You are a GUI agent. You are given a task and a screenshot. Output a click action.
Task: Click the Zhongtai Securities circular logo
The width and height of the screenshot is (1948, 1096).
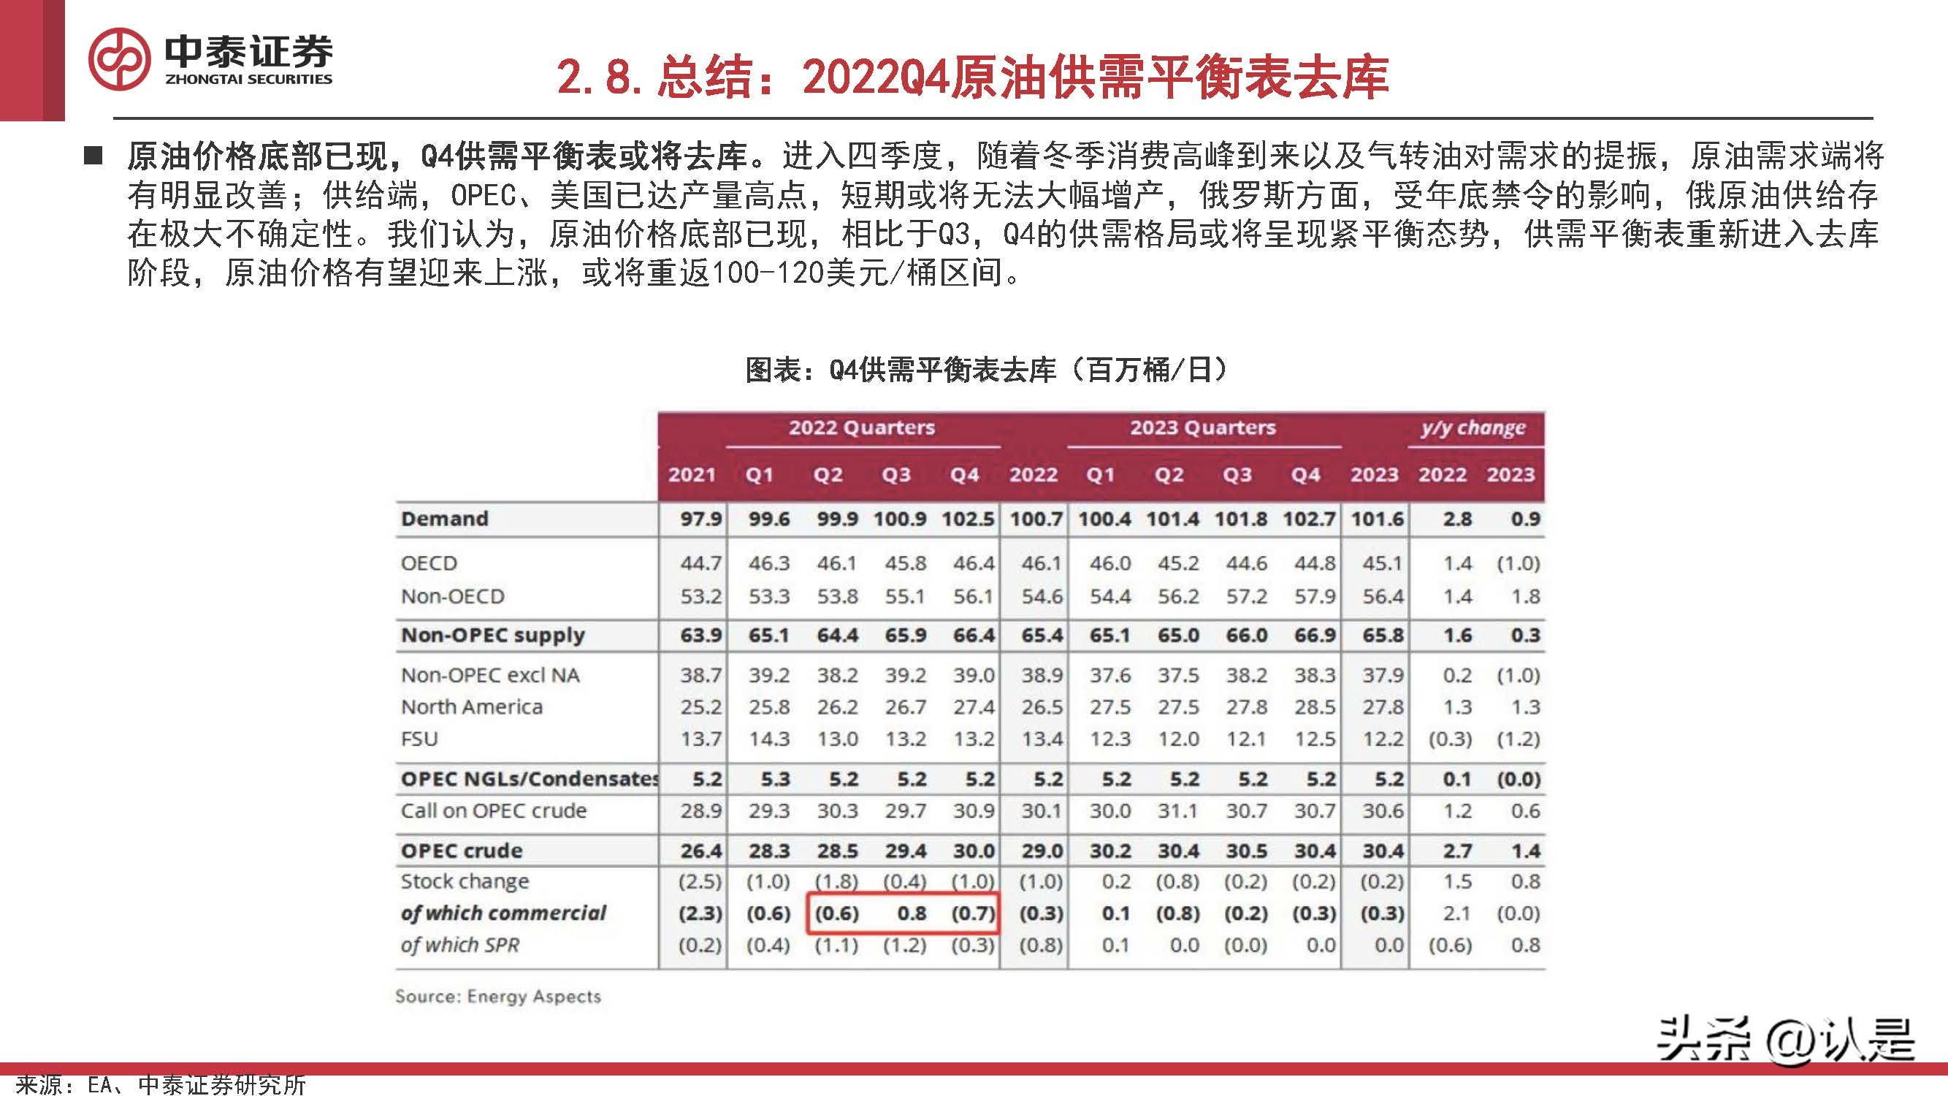tap(119, 59)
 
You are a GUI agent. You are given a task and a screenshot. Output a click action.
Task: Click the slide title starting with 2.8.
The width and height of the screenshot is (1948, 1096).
tap(972, 77)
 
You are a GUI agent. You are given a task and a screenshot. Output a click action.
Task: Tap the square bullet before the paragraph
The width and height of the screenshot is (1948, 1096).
tap(93, 156)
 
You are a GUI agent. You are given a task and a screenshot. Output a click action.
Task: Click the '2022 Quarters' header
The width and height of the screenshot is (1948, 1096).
tap(862, 428)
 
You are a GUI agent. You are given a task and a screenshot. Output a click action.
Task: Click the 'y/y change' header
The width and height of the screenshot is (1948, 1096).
tap(1473, 428)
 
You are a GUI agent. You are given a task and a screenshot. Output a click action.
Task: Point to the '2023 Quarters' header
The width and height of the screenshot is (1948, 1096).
tap(1202, 428)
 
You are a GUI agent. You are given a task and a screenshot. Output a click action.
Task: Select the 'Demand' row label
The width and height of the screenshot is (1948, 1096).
tap(445, 519)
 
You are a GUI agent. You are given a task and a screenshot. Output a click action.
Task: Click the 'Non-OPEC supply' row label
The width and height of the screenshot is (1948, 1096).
tap(492, 636)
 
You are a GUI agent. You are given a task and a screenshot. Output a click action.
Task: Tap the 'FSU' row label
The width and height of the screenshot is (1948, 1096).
tap(419, 739)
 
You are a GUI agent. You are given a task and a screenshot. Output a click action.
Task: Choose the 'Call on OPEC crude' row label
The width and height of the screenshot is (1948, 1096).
tap(493, 811)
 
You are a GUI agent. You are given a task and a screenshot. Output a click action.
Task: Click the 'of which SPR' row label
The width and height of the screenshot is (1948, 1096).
tap(459, 945)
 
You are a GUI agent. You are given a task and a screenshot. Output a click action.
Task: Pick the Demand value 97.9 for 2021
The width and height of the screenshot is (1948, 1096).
tap(700, 520)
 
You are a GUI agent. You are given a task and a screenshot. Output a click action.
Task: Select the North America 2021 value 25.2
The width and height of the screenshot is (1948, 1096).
tap(700, 707)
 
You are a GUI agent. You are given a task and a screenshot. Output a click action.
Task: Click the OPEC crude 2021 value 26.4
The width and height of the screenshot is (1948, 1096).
tap(700, 851)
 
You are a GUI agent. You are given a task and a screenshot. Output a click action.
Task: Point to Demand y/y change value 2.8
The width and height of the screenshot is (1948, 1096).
tap(1456, 520)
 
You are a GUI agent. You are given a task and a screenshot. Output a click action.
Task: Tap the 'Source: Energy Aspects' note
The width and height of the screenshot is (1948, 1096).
tap(497, 997)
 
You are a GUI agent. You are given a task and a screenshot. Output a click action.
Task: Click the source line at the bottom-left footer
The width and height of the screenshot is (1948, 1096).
tap(160, 1084)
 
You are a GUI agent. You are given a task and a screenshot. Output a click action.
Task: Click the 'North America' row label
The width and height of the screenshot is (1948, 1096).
tap(471, 707)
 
